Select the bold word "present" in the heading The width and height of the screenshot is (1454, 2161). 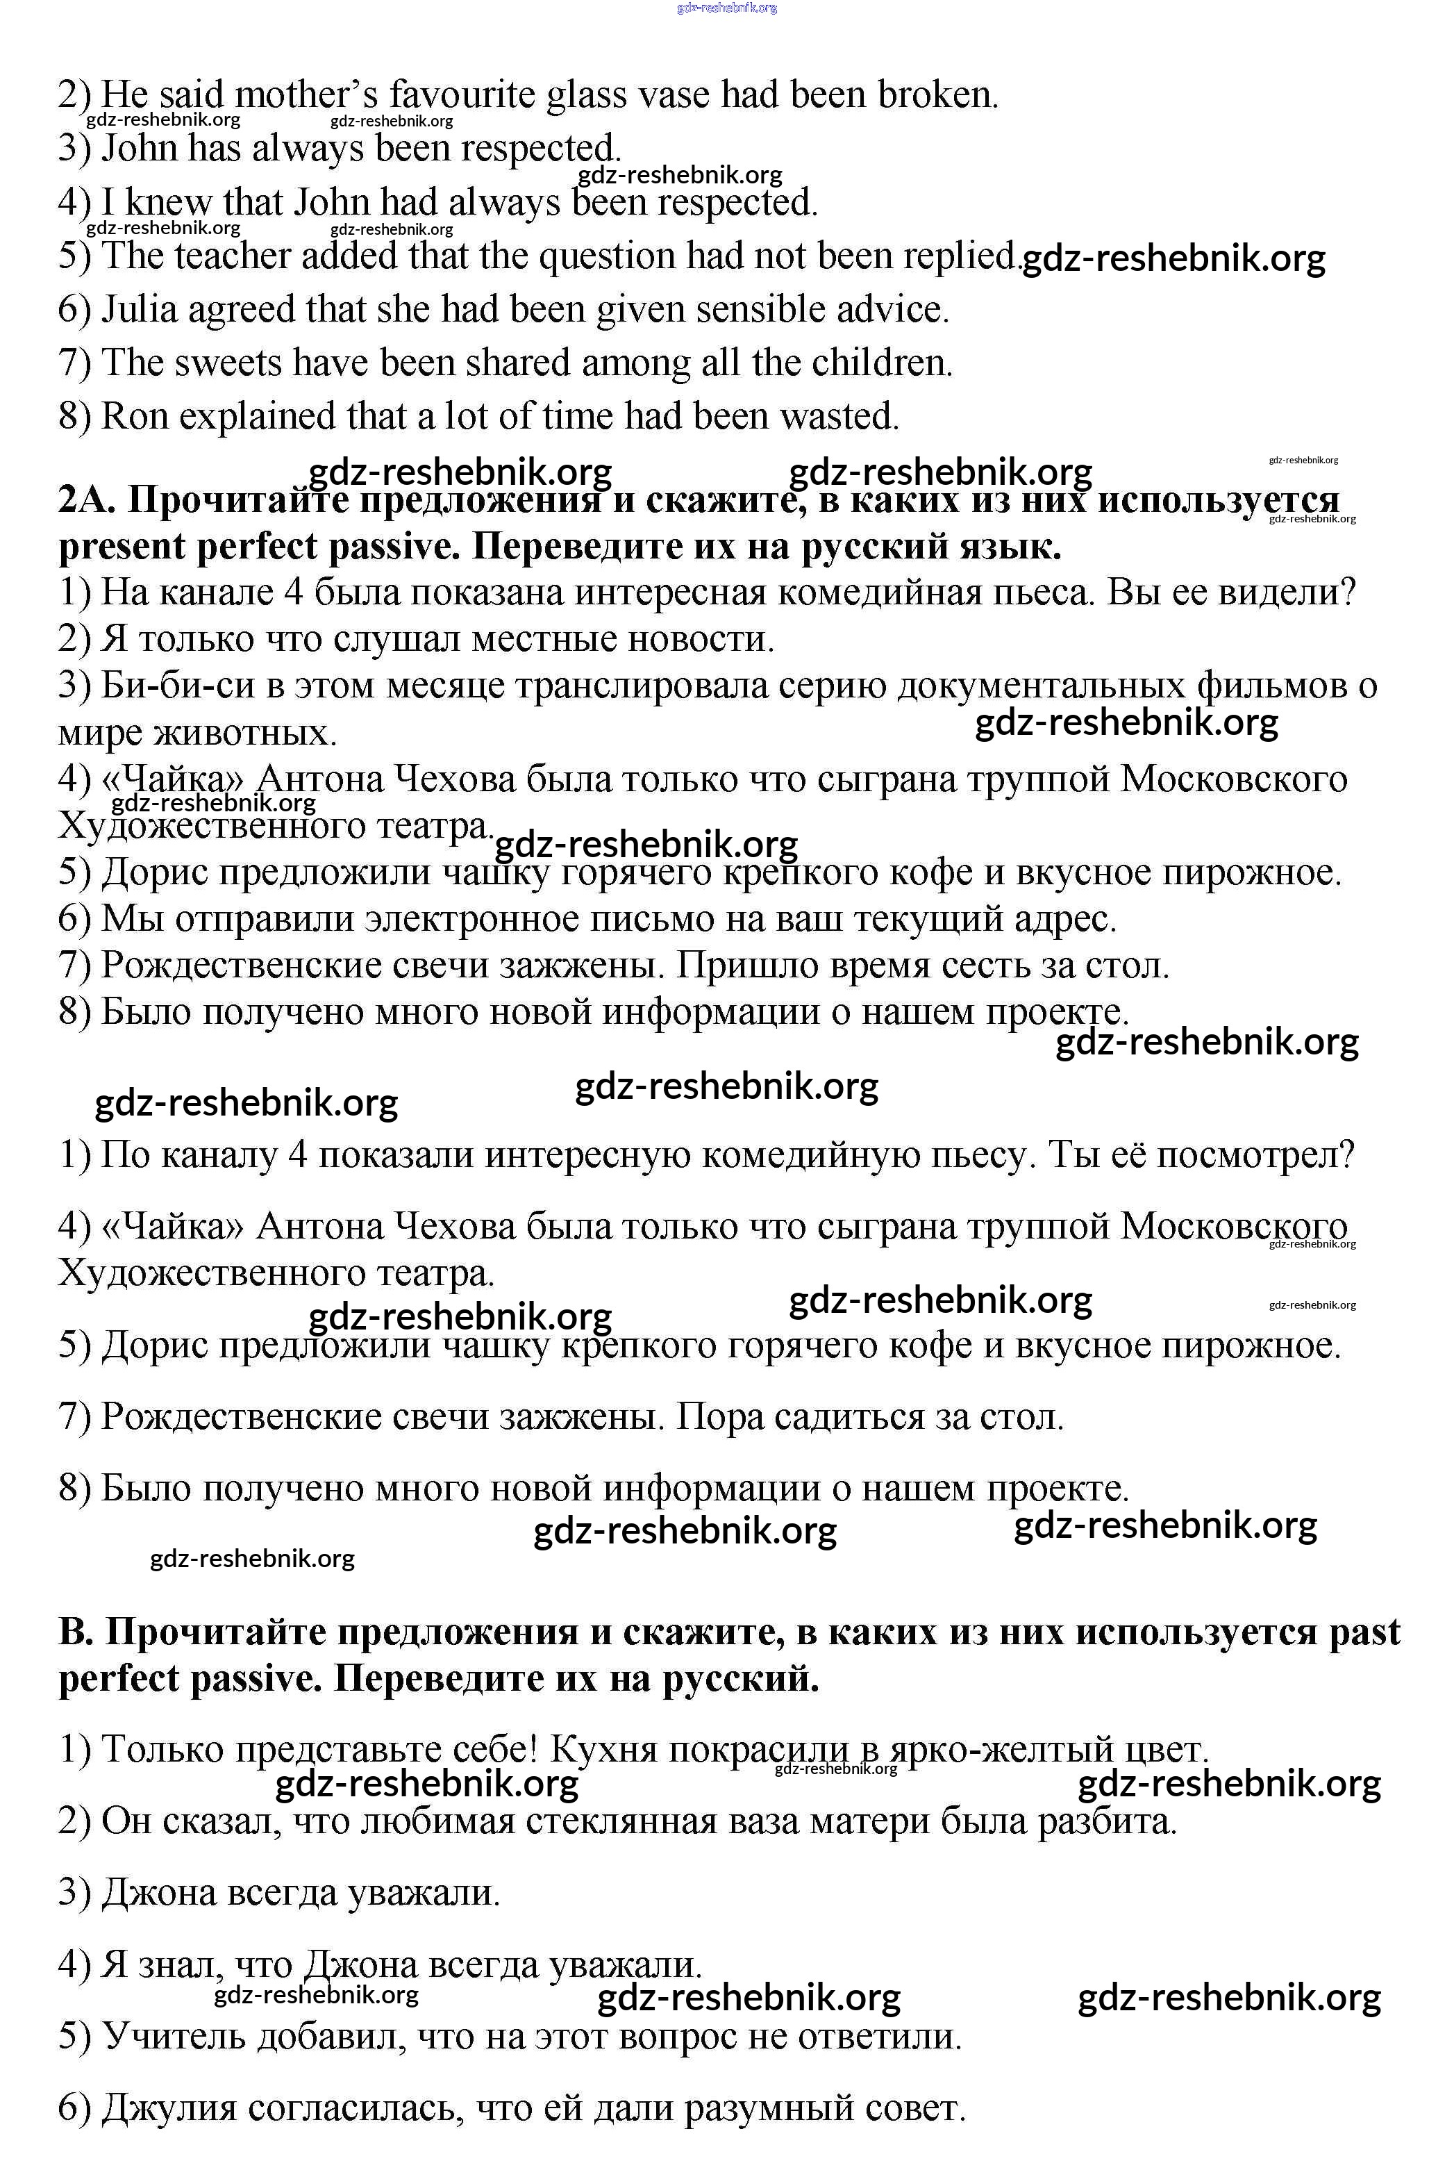[x=122, y=547]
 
